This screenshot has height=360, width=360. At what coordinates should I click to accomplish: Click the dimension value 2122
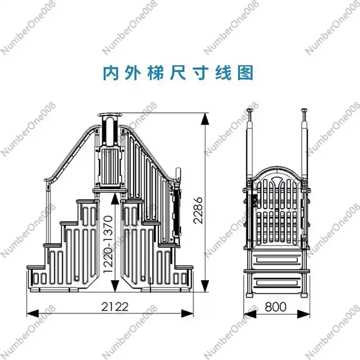[115, 306]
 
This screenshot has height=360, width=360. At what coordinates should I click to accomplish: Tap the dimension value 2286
[198, 210]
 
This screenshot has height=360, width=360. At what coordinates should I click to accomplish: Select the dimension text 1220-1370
[108, 244]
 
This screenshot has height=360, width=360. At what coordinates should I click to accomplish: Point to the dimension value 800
[275, 306]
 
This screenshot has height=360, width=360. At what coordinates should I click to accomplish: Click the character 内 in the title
[111, 73]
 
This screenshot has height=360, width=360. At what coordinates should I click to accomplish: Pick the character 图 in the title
[245, 73]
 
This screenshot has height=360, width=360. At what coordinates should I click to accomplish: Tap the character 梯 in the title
[156, 73]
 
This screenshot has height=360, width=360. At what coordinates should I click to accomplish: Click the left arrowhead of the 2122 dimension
[32, 313]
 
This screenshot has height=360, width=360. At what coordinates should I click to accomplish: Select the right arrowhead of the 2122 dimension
[187, 313]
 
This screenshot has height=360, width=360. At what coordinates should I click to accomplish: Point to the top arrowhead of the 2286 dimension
[205, 119]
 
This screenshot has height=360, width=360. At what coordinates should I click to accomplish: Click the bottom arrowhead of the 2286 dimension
[205, 286]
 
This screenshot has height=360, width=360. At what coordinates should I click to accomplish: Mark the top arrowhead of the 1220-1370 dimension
[115, 199]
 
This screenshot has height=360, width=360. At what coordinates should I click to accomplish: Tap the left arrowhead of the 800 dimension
[250, 313]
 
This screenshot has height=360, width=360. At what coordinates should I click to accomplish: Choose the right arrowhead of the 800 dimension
[303, 313]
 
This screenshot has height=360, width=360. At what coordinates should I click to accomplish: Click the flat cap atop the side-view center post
[109, 115]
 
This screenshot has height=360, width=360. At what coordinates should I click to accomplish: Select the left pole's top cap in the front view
[250, 110]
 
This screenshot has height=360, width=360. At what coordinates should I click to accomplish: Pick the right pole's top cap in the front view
[304, 110]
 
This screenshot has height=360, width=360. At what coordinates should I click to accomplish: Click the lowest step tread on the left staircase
[36, 267]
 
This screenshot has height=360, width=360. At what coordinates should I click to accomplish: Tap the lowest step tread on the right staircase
[184, 267]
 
